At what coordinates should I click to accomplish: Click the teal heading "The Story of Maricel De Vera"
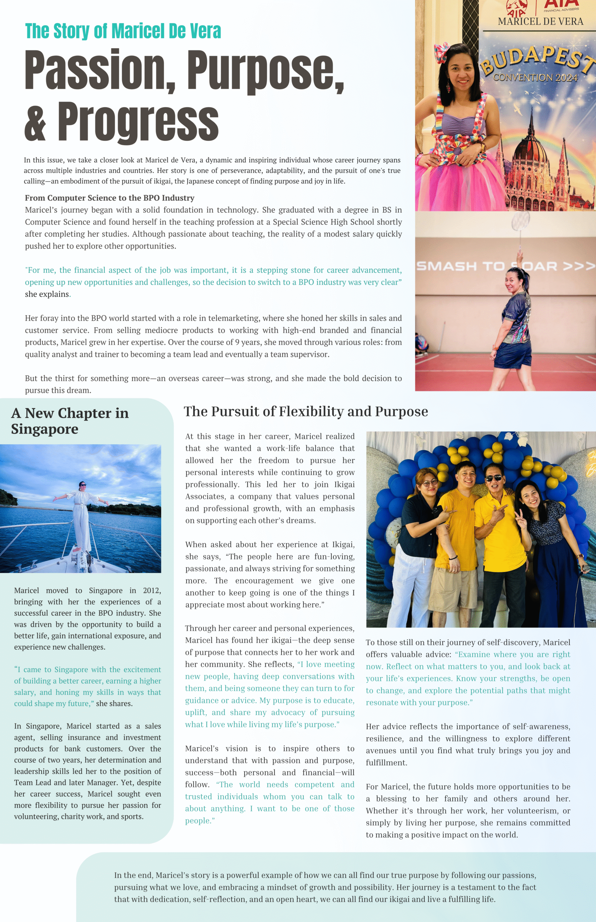[x=123, y=31]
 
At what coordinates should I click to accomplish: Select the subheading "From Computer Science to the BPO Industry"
[x=109, y=198]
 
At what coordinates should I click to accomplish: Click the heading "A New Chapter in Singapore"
[x=70, y=421]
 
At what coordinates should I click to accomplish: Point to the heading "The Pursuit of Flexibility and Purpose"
[x=306, y=411]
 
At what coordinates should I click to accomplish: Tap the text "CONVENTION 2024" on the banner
[x=535, y=77]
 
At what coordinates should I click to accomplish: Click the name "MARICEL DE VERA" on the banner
[x=540, y=22]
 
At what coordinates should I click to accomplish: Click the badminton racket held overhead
[x=520, y=223]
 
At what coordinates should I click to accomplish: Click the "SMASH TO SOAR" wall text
[x=503, y=266]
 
